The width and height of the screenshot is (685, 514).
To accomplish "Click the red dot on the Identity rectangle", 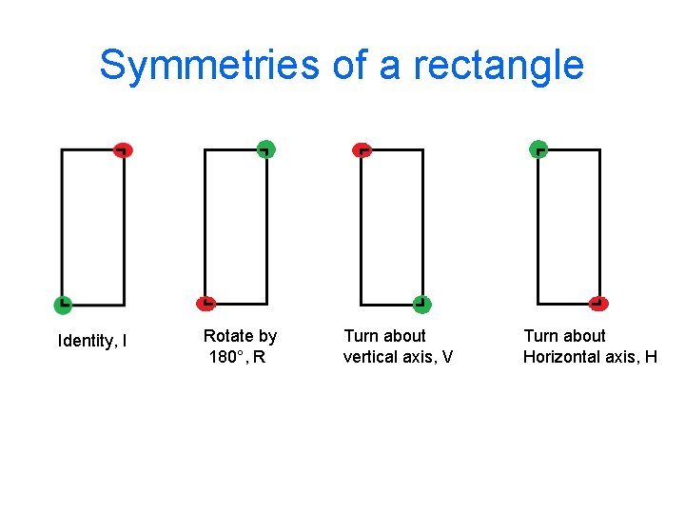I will coord(122,149).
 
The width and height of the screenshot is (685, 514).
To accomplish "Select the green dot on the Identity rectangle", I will coord(62,305).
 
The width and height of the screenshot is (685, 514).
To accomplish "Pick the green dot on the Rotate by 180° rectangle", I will coord(265,148).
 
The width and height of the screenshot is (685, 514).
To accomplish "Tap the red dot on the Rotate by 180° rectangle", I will coord(205,304).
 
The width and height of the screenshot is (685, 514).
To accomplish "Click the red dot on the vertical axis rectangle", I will coord(362,149).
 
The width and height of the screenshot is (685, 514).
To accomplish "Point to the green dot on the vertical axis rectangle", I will coord(421,305).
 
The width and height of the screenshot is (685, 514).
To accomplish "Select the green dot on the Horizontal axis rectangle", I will coord(538,149).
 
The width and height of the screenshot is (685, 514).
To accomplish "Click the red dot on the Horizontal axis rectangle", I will coord(598,304).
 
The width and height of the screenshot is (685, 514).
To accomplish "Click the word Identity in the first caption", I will coord(87,341).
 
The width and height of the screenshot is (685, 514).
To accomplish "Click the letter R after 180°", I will coord(259,358).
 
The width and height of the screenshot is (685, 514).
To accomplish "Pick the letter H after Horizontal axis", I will coord(651,357).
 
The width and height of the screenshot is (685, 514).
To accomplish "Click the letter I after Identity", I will coord(126,341).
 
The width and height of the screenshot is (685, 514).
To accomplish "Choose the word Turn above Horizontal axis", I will coord(539,336).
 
